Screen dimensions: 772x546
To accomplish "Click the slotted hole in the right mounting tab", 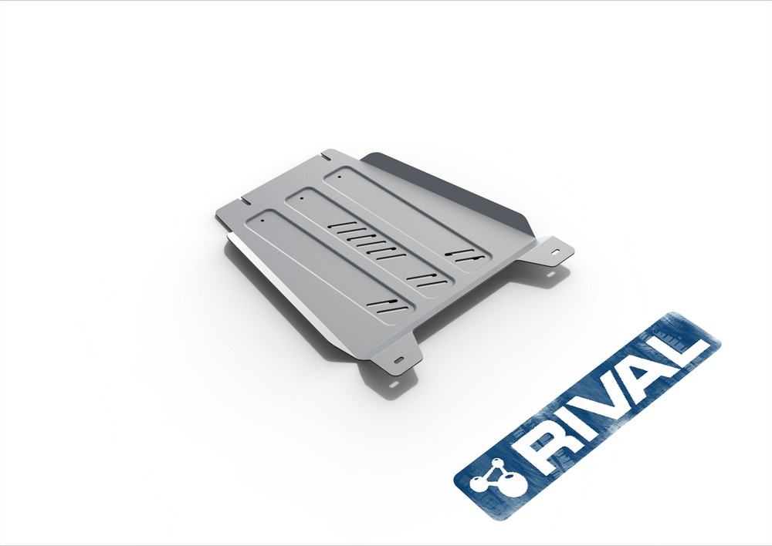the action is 555,251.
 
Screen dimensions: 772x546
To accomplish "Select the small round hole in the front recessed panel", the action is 262,220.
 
